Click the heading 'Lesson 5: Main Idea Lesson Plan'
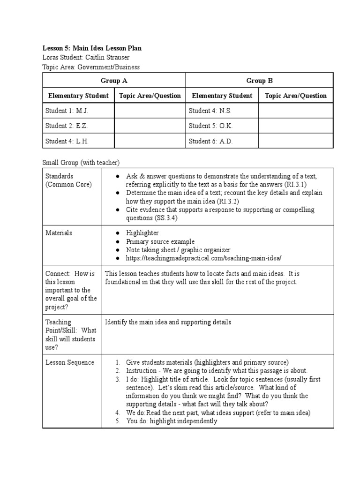(x=92, y=48)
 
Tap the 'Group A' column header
(x=114, y=81)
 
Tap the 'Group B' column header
(x=259, y=81)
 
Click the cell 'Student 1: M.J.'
(x=67, y=111)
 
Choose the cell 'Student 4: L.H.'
(x=67, y=141)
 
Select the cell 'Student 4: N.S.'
(x=210, y=111)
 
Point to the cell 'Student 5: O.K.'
(x=210, y=126)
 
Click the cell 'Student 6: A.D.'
(x=210, y=141)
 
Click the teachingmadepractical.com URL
(x=203, y=258)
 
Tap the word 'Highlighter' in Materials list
(x=142, y=233)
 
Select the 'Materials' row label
(x=59, y=233)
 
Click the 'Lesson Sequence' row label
(x=69, y=362)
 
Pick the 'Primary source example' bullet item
(x=160, y=241)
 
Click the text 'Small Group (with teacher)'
(x=81, y=163)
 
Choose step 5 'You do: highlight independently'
(x=172, y=421)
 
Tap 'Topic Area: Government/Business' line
(x=91, y=67)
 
